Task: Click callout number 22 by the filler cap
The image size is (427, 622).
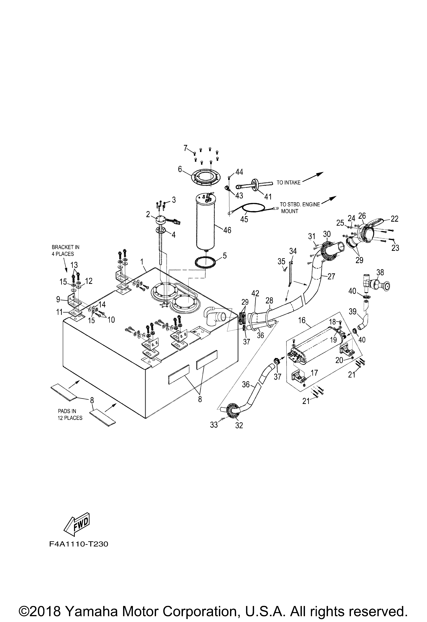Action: coord(394,219)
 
